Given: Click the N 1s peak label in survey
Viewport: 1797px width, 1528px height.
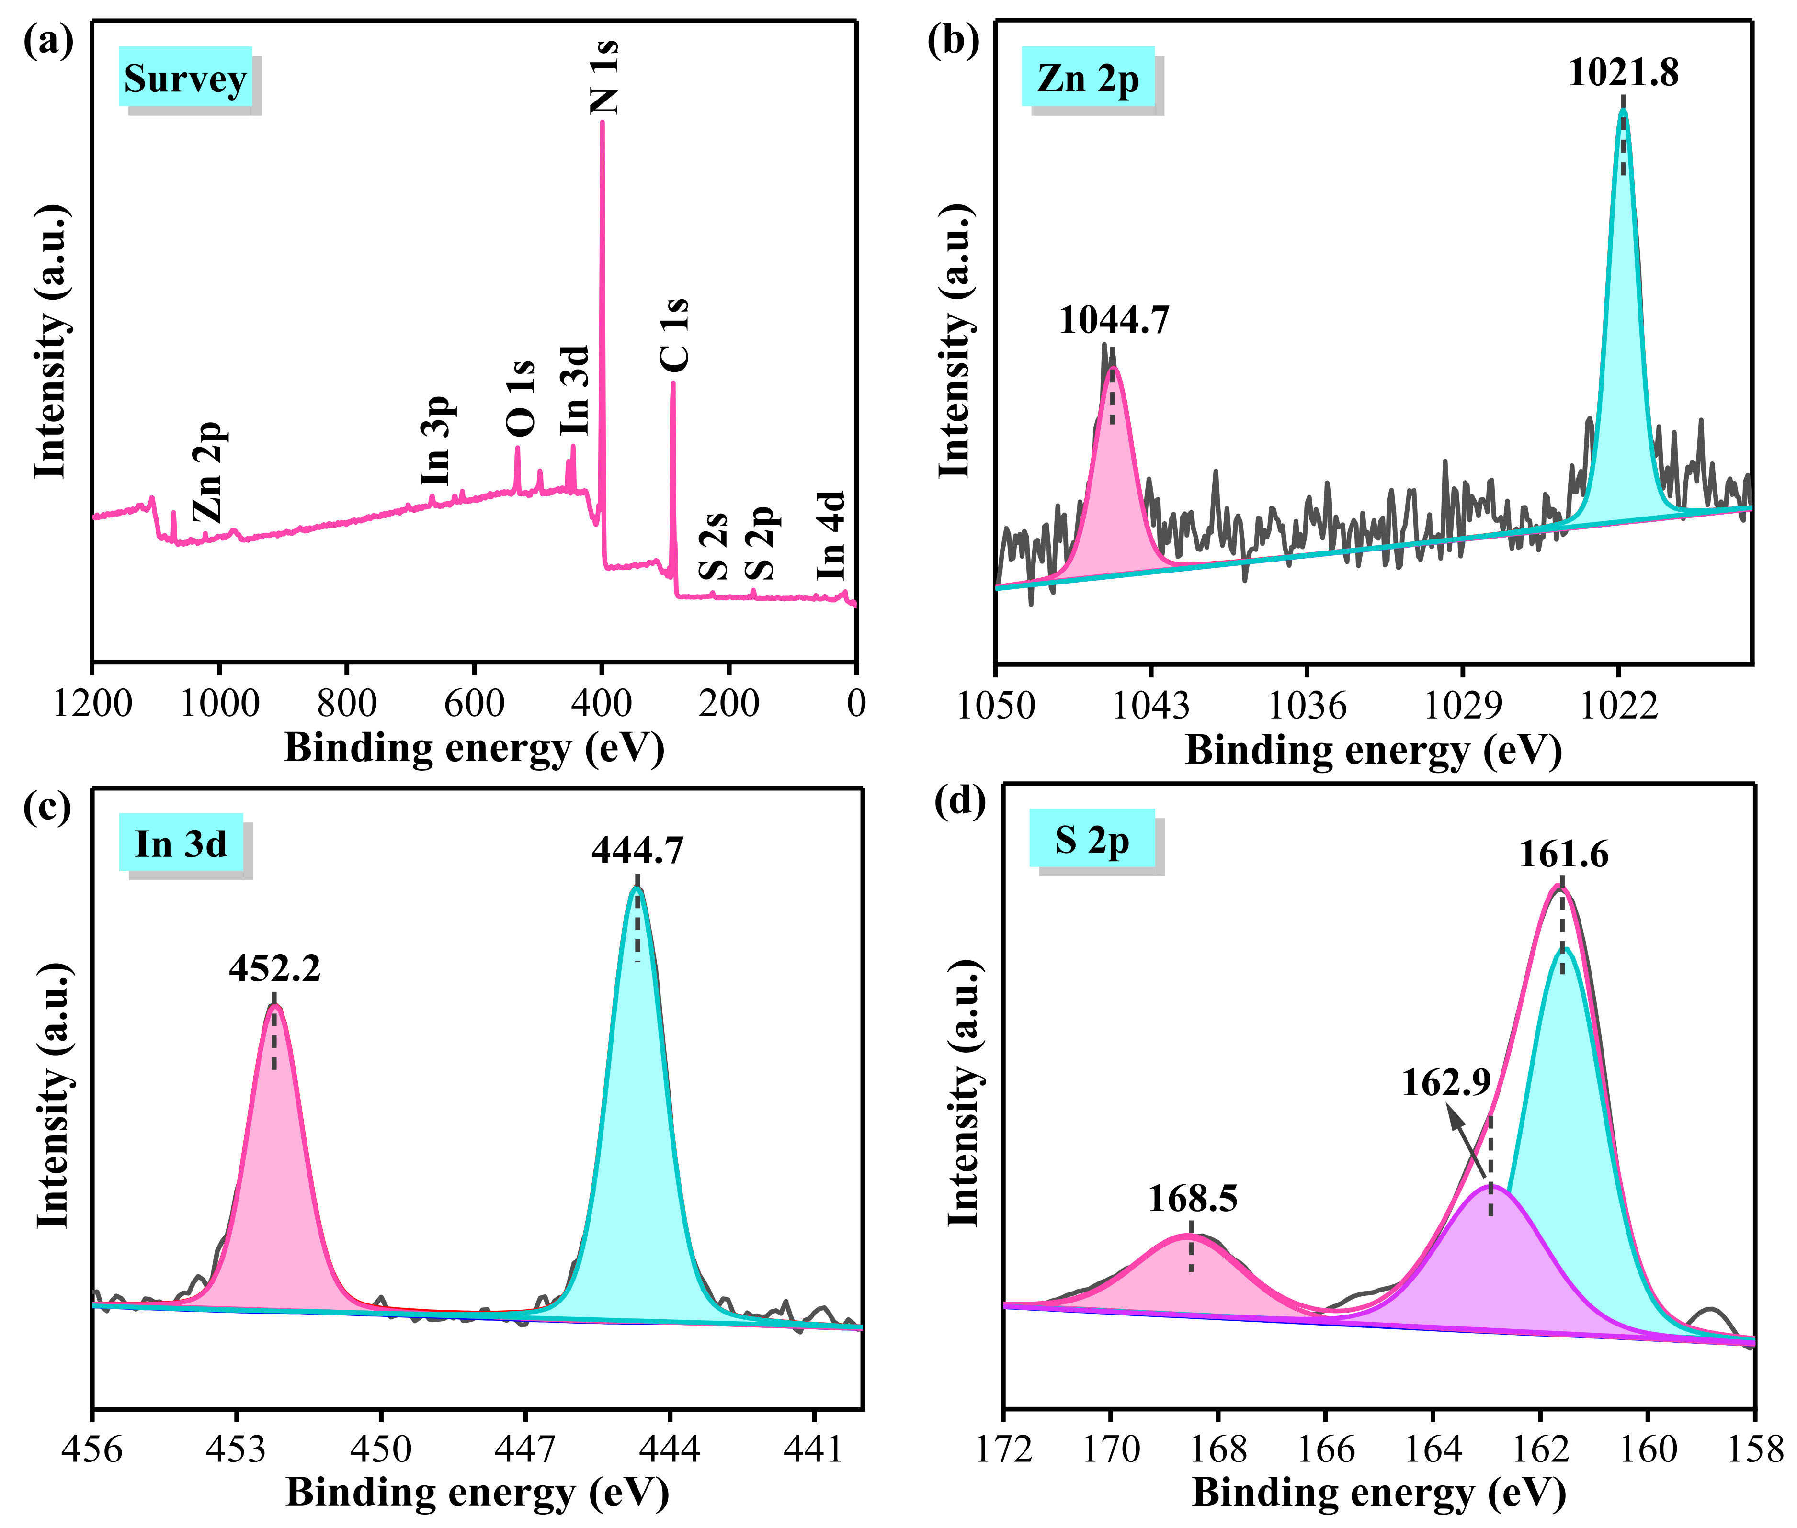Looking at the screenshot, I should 604,76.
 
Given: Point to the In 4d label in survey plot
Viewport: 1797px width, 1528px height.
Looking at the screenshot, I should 830,535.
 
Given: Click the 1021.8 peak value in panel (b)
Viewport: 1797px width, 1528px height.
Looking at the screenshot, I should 1623,73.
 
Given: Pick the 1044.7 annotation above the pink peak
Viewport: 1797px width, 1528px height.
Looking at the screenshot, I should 1114,321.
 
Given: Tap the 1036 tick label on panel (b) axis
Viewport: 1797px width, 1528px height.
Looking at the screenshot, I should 1307,706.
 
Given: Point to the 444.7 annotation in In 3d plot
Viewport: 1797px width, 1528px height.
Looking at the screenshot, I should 637,851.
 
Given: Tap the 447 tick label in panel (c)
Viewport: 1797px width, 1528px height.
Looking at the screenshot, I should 524,1449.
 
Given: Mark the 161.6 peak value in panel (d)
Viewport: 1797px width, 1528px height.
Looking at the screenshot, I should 1563,855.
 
